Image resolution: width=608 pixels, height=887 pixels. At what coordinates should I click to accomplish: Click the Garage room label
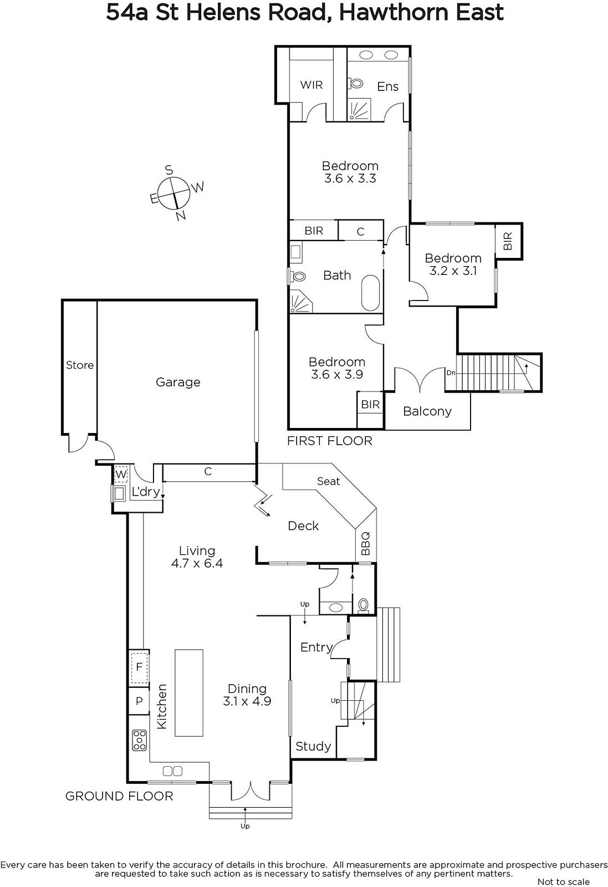[178, 382]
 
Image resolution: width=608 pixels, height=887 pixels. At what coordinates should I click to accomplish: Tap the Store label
[80, 365]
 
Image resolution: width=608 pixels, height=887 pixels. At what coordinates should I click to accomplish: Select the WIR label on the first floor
[311, 85]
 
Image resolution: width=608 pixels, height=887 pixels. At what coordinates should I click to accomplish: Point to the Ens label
[387, 86]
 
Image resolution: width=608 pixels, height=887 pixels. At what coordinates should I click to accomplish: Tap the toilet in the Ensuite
[356, 84]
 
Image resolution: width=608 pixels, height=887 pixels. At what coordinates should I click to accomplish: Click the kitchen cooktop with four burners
[140, 740]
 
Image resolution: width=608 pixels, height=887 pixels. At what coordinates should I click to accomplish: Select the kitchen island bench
[189, 692]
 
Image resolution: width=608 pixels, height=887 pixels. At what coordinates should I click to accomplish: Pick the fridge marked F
[139, 667]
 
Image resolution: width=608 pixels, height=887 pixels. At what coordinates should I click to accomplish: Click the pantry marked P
[139, 701]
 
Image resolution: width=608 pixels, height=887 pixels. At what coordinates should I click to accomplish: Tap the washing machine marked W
[121, 474]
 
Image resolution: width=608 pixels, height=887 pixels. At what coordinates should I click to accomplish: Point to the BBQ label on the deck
[365, 543]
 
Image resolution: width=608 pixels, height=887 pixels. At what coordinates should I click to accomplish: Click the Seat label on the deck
[329, 481]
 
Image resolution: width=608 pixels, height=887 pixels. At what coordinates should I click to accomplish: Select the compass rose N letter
[181, 216]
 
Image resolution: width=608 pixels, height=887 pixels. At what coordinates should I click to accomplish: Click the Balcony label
[427, 411]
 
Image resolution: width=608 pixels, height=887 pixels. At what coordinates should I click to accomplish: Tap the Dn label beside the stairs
[451, 373]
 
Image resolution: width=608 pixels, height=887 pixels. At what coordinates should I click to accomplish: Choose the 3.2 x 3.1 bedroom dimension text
[453, 271]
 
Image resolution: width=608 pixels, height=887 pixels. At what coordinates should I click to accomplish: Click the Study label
[313, 746]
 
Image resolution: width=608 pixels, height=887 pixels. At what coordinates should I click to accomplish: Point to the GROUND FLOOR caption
[119, 796]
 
